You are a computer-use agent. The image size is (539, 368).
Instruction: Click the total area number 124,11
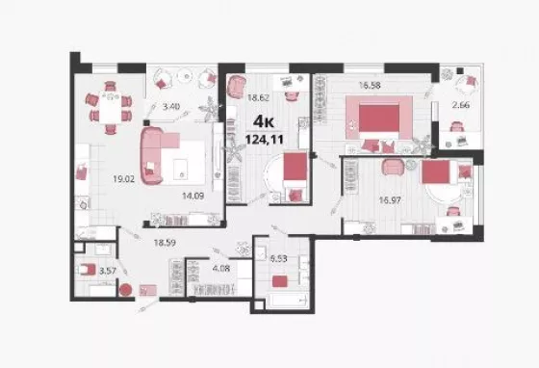[265, 140]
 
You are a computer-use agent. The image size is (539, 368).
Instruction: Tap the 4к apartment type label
[264, 121]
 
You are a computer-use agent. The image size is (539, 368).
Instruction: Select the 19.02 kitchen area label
[124, 179]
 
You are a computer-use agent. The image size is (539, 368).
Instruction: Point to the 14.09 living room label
[192, 196]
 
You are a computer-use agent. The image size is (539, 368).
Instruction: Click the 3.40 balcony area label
[171, 106]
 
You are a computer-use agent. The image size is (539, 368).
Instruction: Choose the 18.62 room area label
[258, 97]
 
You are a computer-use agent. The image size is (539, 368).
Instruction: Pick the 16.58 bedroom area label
[370, 85]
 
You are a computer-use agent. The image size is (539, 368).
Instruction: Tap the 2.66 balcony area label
[461, 105]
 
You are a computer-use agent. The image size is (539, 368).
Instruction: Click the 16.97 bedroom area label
[390, 199]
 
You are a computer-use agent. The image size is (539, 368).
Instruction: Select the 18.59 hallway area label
[165, 243]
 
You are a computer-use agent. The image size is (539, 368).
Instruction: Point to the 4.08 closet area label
[220, 268]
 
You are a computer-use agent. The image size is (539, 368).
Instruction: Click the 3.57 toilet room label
[108, 271]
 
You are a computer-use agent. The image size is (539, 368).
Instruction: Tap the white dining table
[110, 108]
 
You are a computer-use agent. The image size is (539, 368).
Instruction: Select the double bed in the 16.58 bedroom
[379, 118]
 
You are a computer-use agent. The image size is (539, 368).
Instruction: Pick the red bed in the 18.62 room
[295, 171]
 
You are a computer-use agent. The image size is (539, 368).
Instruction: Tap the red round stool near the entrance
[125, 290]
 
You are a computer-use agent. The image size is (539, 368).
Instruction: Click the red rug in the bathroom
[279, 281]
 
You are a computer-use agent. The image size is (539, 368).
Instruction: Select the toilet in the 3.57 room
[87, 270]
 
